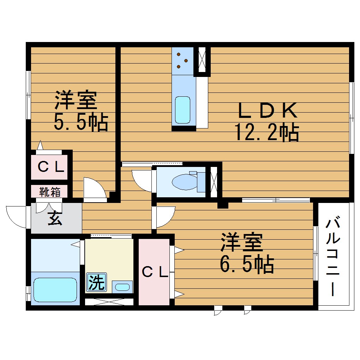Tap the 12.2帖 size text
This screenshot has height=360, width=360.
tap(267, 133)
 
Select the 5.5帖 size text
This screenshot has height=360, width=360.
tap(80, 122)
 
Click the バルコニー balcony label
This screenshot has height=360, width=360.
tap(333, 257)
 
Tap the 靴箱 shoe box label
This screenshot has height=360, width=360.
tap(49, 192)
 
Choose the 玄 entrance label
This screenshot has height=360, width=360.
tap(55, 219)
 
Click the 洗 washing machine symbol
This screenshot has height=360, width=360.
tap(96, 282)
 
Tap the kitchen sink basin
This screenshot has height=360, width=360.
tap(182, 109)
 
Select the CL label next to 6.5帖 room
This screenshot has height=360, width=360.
tap(155, 272)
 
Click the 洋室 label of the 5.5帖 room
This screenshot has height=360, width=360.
tap(76, 101)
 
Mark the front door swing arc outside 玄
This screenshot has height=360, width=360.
tap(16, 215)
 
